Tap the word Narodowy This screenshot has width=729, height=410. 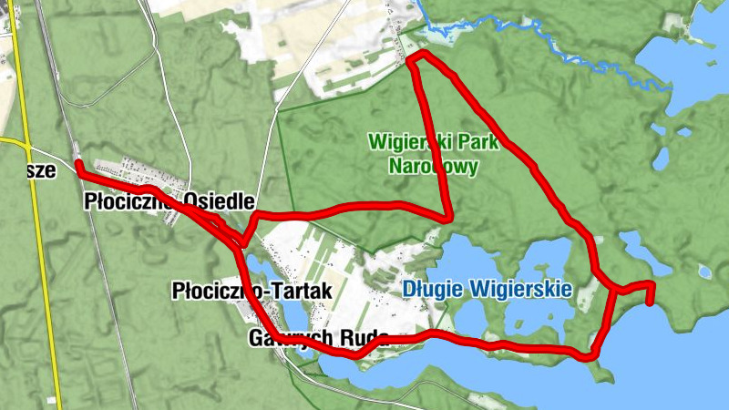[x=432, y=167]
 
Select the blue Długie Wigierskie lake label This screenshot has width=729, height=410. [x=487, y=290]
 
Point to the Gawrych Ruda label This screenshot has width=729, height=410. [x=318, y=338]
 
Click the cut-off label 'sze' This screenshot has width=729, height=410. [x=41, y=170]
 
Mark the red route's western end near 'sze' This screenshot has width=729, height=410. [x=79, y=165]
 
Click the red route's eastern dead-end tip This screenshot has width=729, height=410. [x=650, y=302]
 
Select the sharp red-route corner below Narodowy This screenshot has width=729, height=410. [x=448, y=217]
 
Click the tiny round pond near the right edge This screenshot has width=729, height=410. [x=704, y=271]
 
